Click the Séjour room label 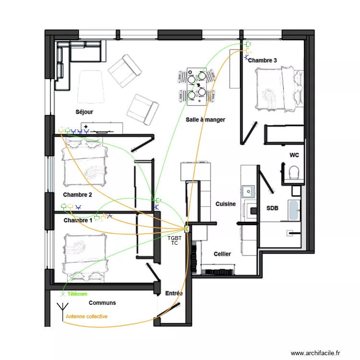(x=84, y=112)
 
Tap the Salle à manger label (x=205, y=120)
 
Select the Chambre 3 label (x=263, y=60)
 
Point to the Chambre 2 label (x=77, y=195)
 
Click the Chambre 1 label (x=77, y=220)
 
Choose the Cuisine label (x=226, y=204)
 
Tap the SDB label (x=272, y=208)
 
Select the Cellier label (x=222, y=254)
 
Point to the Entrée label (x=173, y=293)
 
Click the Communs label (x=102, y=303)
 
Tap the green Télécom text (x=78, y=294)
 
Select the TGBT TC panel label (x=175, y=240)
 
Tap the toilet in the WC (x=294, y=172)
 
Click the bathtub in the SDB (x=294, y=211)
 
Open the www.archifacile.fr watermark (x=315, y=352)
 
